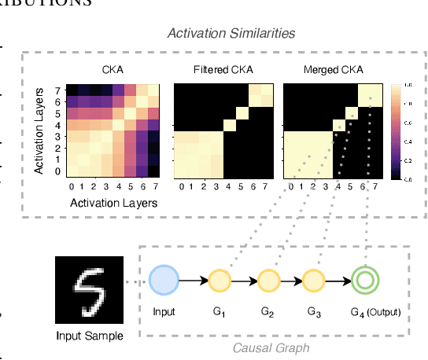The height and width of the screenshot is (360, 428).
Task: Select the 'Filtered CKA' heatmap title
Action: coord(223,70)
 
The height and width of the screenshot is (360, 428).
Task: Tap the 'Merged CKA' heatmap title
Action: coord(333,70)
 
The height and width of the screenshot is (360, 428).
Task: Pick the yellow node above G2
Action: coord(267,281)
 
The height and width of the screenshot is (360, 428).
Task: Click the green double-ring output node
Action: coord(366,281)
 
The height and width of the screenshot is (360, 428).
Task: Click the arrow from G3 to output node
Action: coord(339,281)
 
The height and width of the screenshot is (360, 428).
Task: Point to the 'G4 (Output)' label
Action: coord(375,312)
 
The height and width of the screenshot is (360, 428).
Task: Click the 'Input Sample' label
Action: coord(89,336)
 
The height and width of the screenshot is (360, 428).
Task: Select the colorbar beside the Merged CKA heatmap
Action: coord(396,131)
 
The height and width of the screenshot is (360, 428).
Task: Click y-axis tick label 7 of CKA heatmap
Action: coord(57,90)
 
